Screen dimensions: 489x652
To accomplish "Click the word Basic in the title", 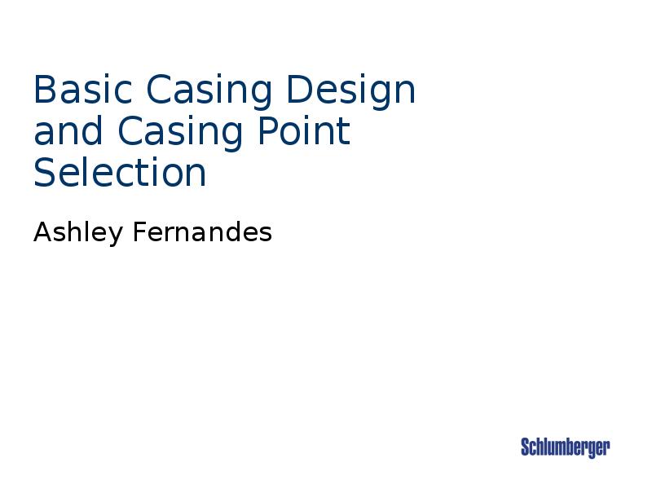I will (x=81, y=91).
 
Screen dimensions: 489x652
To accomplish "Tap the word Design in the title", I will (x=351, y=91).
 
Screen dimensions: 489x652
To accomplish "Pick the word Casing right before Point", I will (x=181, y=132).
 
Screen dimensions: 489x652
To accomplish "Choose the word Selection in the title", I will (x=120, y=173).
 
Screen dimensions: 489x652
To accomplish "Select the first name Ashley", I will (x=78, y=234).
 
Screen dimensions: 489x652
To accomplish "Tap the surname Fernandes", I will (x=201, y=234).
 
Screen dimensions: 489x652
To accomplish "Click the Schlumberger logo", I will (x=565, y=447).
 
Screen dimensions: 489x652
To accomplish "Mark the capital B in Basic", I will (x=44, y=91).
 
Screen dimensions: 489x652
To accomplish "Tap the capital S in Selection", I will (x=46, y=173).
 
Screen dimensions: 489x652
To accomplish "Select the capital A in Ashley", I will (x=42, y=234).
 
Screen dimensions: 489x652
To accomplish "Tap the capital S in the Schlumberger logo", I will (x=526, y=447).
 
